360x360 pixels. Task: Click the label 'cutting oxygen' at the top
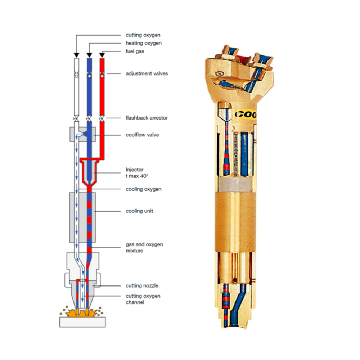click(x=143, y=35)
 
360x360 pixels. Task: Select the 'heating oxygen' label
click(x=143, y=43)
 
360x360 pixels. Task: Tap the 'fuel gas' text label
click(x=135, y=51)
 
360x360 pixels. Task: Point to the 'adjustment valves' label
click(x=147, y=73)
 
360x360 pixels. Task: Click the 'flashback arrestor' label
click(x=147, y=118)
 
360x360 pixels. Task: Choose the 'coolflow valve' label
click(x=142, y=135)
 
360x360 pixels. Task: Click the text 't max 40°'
click(x=137, y=176)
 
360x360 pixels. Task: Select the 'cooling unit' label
click(x=139, y=211)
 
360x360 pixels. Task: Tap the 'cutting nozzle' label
click(x=142, y=286)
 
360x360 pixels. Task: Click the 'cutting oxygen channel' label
click(x=143, y=299)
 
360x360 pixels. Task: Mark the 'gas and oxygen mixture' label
click(x=144, y=247)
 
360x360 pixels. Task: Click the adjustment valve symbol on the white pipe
click(x=77, y=74)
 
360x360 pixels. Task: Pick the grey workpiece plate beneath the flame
click(x=82, y=321)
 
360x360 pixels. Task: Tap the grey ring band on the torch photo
click(x=238, y=185)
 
